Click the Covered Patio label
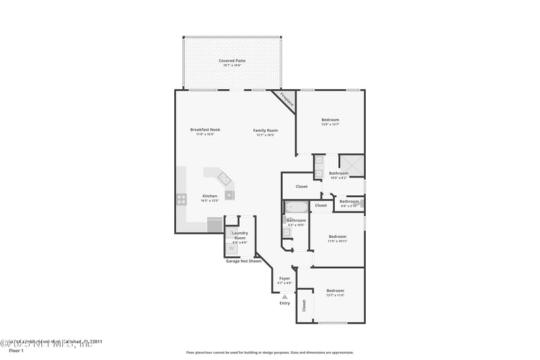tap(232, 61)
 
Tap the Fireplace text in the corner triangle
tap(287, 100)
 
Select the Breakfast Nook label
tap(205, 130)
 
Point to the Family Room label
tap(265, 130)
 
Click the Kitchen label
tap(210, 196)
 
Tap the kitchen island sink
tap(224, 179)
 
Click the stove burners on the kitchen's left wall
tap(182, 199)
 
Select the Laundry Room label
tap(240, 235)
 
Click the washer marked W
tap(232, 249)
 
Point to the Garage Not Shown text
tap(243, 261)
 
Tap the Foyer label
tap(285, 278)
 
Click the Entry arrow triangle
tap(285, 296)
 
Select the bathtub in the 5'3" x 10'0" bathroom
tap(295, 207)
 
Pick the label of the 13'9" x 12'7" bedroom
tap(330, 120)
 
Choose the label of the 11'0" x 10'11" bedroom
tap(337, 236)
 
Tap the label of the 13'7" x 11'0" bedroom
tap(335, 290)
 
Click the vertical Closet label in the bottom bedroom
tap(304, 306)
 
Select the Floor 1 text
tap(16, 351)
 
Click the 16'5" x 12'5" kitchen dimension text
tap(210, 201)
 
